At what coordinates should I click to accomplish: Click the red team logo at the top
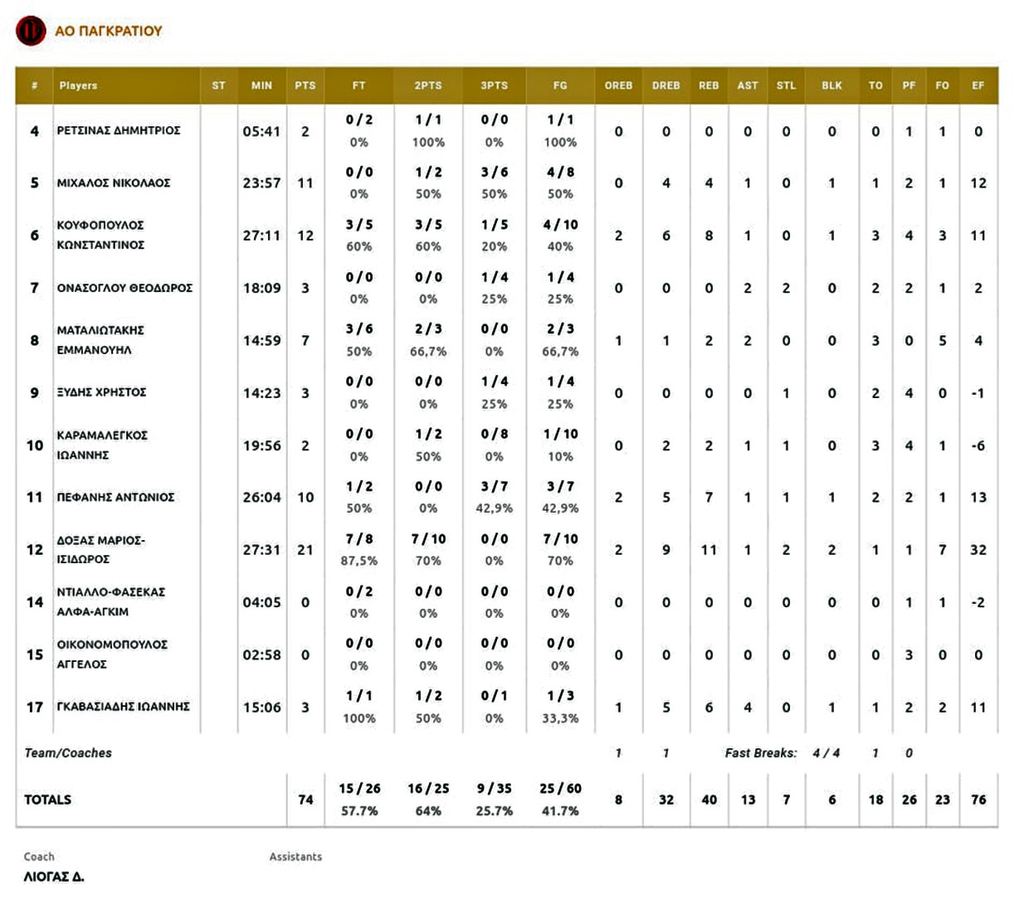click(31, 31)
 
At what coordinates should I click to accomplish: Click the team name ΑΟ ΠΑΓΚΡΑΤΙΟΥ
click(109, 31)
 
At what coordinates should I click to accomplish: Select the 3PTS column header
click(494, 85)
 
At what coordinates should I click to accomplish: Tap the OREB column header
click(618, 85)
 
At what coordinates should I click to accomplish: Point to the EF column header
click(977, 85)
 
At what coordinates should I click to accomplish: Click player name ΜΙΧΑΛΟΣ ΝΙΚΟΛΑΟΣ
click(114, 183)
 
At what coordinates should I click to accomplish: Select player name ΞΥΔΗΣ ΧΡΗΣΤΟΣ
click(101, 392)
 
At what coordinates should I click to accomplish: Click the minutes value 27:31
click(261, 550)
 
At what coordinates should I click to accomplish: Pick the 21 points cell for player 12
click(305, 550)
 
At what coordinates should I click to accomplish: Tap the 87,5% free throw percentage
click(358, 561)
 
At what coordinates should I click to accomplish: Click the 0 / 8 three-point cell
click(494, 434)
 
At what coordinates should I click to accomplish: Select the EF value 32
click(978, 550)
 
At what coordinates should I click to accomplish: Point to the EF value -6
click(978, 445)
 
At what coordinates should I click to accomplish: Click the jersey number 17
click(35, 707)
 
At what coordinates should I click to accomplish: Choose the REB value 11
click(709, 550)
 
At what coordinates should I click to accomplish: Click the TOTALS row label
click(47, 800)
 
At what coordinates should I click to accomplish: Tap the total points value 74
click(305, 800)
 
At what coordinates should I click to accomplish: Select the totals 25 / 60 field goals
click(560, 788)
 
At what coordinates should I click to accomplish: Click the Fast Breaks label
click(761, 753)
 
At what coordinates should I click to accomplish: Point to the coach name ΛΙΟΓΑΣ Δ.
click(54, 877)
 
